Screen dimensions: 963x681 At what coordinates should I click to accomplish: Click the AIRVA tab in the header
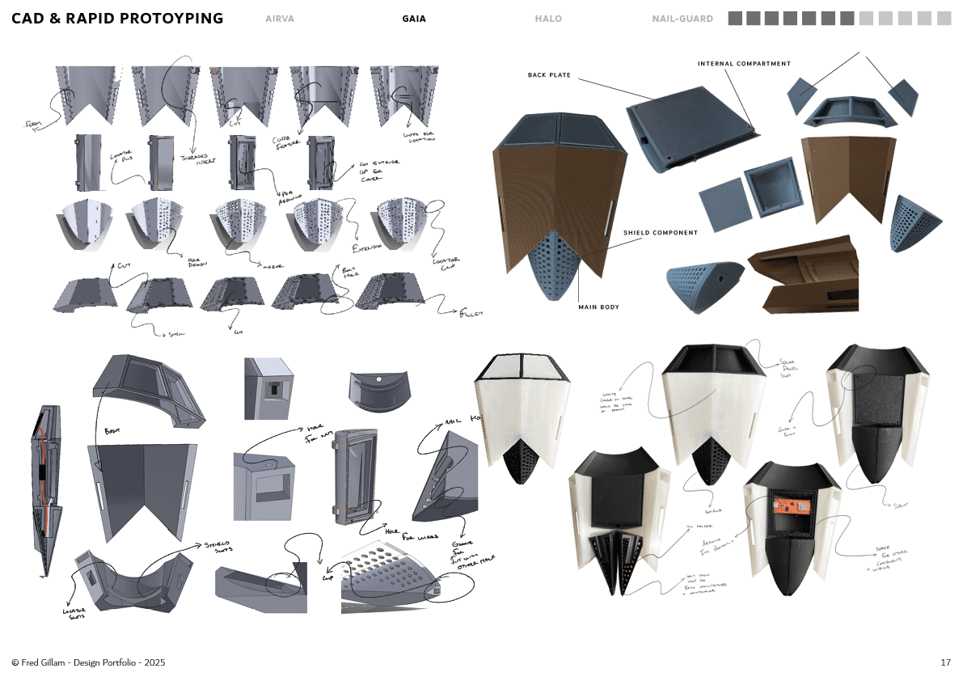[280, 19]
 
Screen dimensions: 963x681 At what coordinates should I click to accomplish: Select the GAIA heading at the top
[414, 19]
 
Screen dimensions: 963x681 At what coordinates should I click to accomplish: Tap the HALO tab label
[548, 19]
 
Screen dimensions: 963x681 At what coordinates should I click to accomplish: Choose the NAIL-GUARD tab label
[682, 19]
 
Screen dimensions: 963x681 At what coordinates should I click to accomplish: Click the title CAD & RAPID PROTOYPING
[117, 19]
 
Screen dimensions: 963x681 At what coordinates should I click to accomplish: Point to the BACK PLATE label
[549, 75]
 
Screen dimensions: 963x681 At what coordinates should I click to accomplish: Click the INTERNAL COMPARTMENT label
[744, 63]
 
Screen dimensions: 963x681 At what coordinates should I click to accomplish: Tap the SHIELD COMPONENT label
[660, 233]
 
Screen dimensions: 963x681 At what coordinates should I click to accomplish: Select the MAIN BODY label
[598, 307]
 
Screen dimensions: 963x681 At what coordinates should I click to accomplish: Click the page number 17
[945, 662]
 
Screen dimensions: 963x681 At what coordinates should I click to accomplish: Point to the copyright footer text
[88, 662]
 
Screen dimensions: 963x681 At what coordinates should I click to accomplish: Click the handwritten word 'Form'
[34, 125]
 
